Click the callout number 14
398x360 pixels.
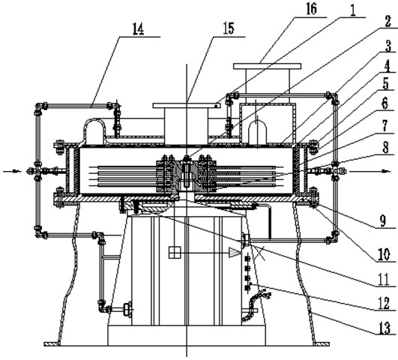pos(139,29)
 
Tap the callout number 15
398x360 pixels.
pos(229,28)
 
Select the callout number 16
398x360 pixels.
pos(311,9)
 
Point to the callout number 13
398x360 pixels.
pos(385,328)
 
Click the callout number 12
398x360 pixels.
pos(384,304)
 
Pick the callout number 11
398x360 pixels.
pos(384,280)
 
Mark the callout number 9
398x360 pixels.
pos(383,220)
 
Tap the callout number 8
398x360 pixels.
pos(385,148)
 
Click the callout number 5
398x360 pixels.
pos(386,85)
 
